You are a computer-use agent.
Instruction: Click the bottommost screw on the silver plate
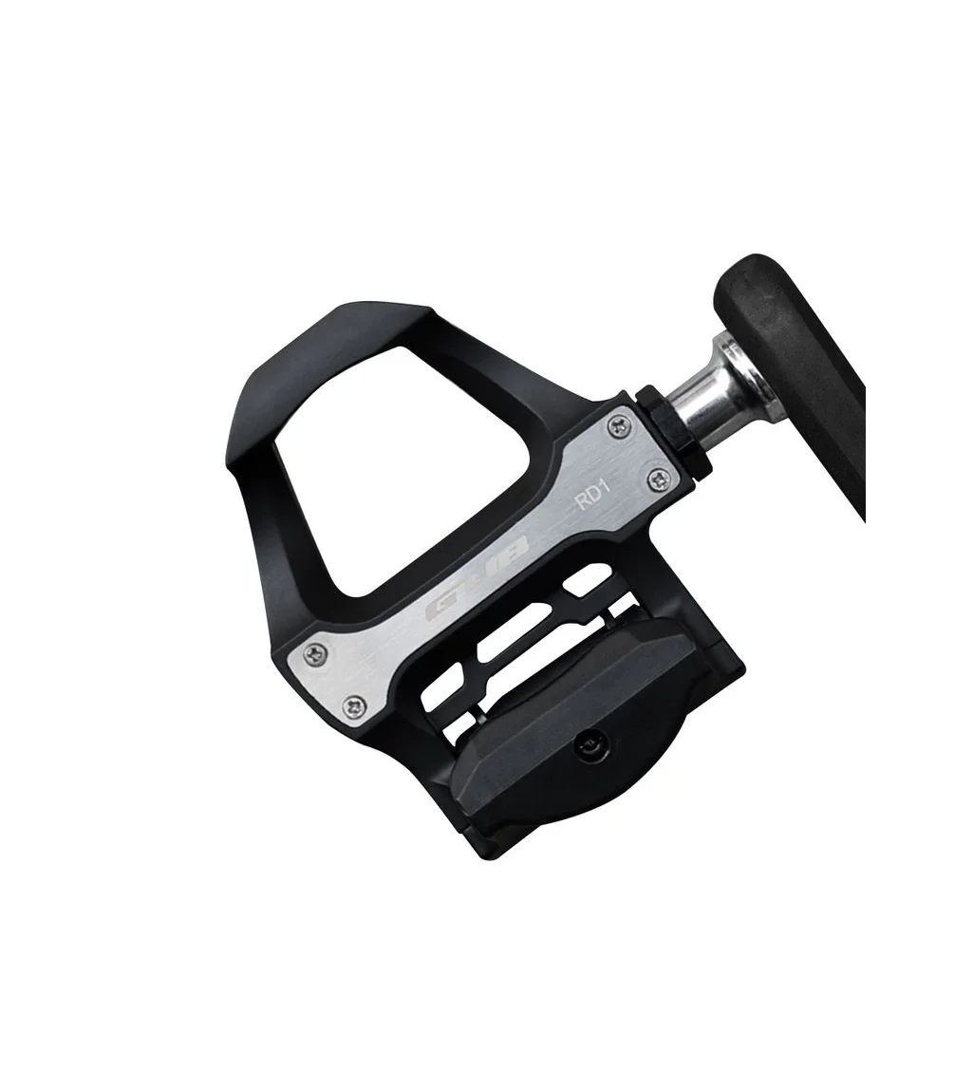[x=356, y=705]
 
